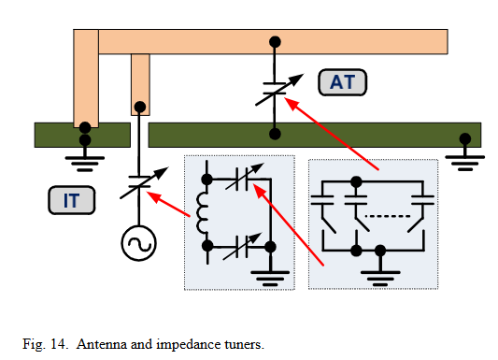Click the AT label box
pyautogui.click(x=342, y=82)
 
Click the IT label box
pyautogui.click(x=71, y=200)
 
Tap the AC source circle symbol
pyautogui.click(x=139, y=243)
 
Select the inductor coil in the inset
pyautogui.click(x=202, y=213)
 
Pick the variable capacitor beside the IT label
pyautogui.click(x=139, y=182)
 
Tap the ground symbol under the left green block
pyautogui.click(x=85, y=164)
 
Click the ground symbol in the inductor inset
pyautogui.click(x=270, y=279)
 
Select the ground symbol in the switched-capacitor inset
pyautogui.click(x=380, y=279)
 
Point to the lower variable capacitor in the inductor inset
pyautogui.click(x=242, y=246)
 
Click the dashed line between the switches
pyautogui.click(x=388, y=216)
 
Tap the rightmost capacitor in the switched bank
pyautogui.click(x=422, y=200)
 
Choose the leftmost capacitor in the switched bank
pyautogui.click(x=322, y=200)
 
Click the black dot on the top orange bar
pyautogui.click(x=275, y=42)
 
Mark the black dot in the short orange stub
pyautogui.click(x=140, y=108)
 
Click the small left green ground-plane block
pyautogui.click(x=82, y=135)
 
